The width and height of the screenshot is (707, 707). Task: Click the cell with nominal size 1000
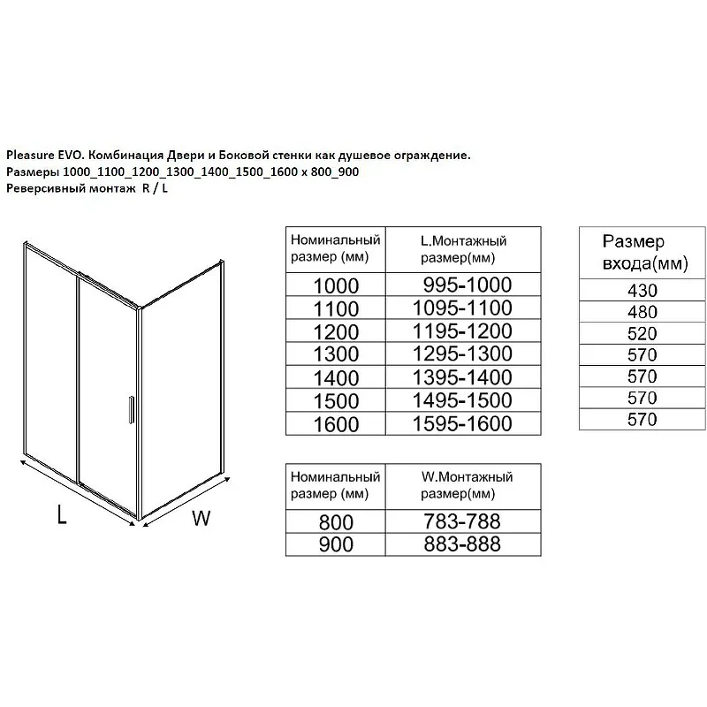pos(335,285)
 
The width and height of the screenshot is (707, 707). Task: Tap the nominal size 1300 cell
pos(335,354)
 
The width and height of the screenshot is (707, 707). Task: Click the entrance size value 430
pos(641,290)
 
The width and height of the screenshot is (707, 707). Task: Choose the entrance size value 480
pos(641,312)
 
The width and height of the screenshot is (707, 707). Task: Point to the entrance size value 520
pos(641,334)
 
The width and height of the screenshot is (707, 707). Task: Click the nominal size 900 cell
pos(335,544)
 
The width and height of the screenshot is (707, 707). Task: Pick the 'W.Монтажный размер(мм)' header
pos(466,485)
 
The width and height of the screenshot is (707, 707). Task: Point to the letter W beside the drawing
pos(201,519)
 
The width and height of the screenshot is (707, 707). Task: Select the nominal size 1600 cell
pos(335,423)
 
